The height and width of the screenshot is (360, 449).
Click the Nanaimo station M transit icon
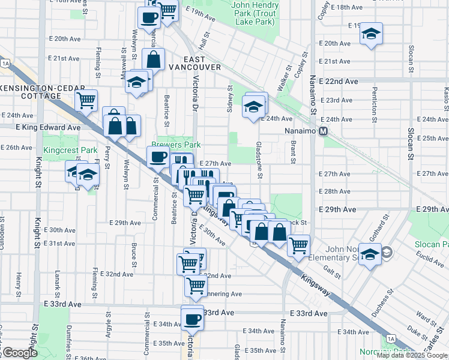click(x=324, y=131)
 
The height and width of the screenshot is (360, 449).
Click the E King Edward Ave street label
click(x=40, y=128)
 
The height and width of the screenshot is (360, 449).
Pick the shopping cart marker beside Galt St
click(x=298, y=244)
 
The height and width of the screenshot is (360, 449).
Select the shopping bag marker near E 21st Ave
click(x=154, y=59)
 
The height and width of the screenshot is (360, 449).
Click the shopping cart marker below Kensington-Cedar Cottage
click(x=86, y=100)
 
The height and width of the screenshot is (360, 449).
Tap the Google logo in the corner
click(x=19, y=353)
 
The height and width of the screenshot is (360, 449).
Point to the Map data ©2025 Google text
click(x=412, y=355)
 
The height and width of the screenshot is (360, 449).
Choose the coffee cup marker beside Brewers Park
click(x=158, y=157)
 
